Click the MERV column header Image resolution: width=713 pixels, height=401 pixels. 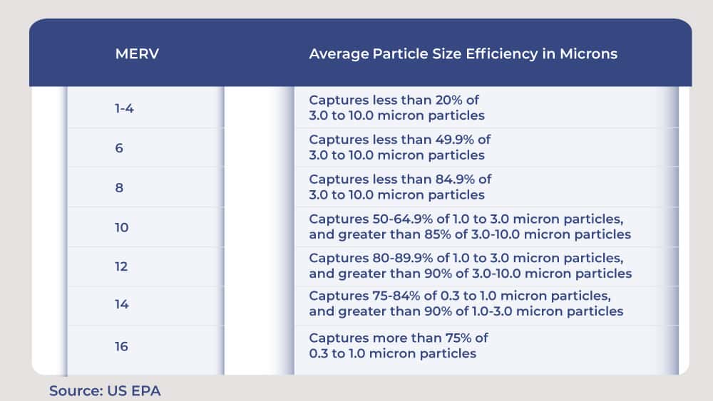[136, 54]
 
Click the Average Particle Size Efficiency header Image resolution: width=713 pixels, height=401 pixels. [463, 54]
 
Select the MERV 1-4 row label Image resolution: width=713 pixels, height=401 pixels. [125, 109]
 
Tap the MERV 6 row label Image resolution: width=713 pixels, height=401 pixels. [119, 148]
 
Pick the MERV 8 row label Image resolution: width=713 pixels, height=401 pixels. [119, 188]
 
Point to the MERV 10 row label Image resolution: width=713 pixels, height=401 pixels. [121, 228]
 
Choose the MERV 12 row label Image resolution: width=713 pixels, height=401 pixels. [121, 266]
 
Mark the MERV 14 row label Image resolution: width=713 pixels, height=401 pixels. [121, 305]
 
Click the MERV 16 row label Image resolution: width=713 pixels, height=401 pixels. [121, 346]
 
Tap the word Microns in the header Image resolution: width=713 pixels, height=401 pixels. [590, 54]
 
